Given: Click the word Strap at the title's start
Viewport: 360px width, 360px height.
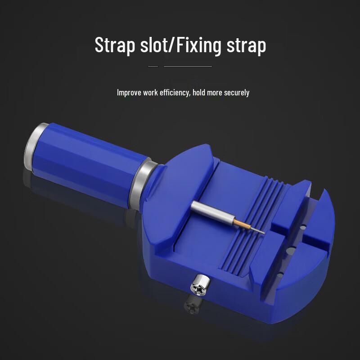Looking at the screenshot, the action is tap(115, 45).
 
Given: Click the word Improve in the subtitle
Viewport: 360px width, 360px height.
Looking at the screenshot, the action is tap(129, 93).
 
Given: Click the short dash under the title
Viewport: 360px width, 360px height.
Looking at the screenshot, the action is tap(153, 66).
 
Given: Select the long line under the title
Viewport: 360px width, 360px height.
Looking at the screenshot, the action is tap(188, 66).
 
